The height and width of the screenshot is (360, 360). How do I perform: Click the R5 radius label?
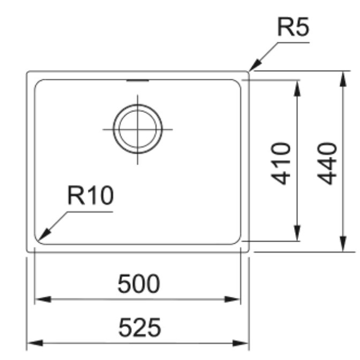(293, 27)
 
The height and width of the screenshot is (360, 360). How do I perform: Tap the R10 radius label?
(91, 196)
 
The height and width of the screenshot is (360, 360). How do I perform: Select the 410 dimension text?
(281, 163)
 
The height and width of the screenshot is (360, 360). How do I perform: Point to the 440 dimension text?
(327, 163)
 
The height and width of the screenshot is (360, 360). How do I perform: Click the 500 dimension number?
(139, 283)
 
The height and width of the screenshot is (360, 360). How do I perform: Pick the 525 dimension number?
(140, 327)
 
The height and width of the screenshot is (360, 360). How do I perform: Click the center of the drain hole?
(138, 129)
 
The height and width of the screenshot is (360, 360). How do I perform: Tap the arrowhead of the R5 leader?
(255, 65)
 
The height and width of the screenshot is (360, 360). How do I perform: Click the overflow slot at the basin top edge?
(138, 80)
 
